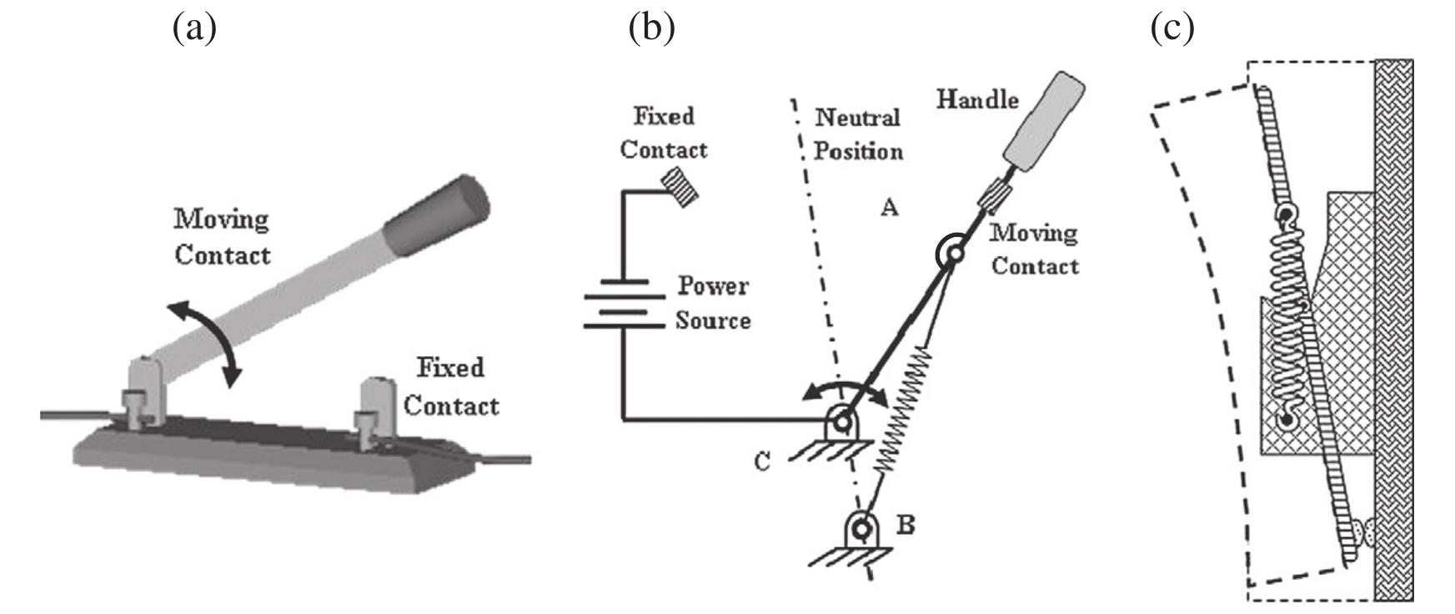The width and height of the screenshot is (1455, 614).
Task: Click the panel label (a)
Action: [x=194, y=28]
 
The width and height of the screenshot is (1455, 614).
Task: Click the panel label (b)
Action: [x=650, y=28]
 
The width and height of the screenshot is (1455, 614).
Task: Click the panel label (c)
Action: [x=1172, y=28]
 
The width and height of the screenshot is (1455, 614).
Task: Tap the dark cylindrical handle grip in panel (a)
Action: [x=436, y=214]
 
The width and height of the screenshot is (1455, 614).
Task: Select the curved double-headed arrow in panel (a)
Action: [x=204, y=343]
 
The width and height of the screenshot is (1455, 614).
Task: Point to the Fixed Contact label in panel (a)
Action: [x=450, y=387]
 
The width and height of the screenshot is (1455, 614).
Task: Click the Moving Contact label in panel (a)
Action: [x=222, y=237]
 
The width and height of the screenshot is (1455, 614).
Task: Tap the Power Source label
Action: [x=712, y=303]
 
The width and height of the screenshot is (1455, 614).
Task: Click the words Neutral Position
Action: [x=858, y=134]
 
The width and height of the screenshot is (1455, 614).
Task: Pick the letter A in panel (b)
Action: [x=890, y=208]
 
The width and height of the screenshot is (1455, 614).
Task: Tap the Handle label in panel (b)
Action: [x=977, y=99]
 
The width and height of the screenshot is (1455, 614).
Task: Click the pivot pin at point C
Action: [x=842, y=423]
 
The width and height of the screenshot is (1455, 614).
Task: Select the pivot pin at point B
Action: [x=864, y=527]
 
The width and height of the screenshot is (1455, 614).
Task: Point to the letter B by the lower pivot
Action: [x=906, y=526]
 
